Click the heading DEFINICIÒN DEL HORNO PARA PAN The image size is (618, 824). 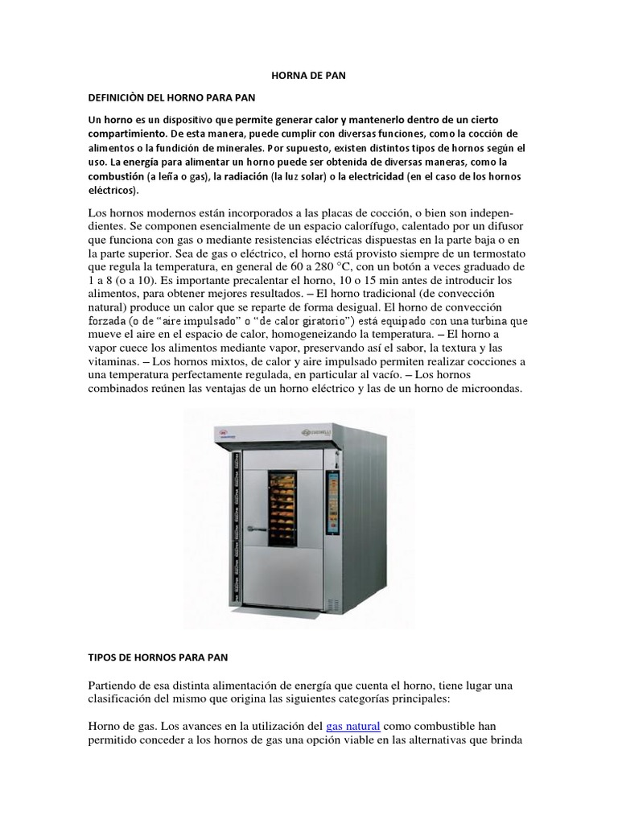(171, 98)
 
